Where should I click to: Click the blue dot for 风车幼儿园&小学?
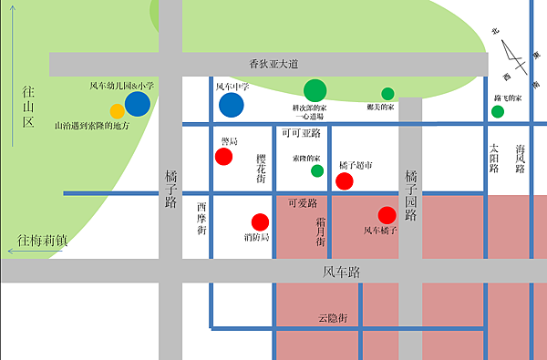click(x=138, y=104)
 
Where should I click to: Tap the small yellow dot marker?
click(x=118, y=111)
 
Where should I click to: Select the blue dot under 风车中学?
click(x=232, y=105)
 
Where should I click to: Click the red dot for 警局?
click(x=223, y=156)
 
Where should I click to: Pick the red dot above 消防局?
click(x=260, y=221)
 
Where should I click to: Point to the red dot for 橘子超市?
click(x=345, y=180)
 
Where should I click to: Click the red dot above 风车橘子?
click(x=387, y=215)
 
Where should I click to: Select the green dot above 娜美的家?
click(x=387, y=93)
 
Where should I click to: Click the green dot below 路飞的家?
click(x=498, y=112)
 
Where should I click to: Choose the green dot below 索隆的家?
click(x=317, y=170)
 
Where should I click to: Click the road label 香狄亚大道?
click(x=273, y=64)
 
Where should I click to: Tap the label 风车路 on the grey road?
click(x=342, y=272)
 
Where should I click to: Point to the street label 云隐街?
click(x=334, y=318)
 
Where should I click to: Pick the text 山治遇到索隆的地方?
click(x=92, y=126)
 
